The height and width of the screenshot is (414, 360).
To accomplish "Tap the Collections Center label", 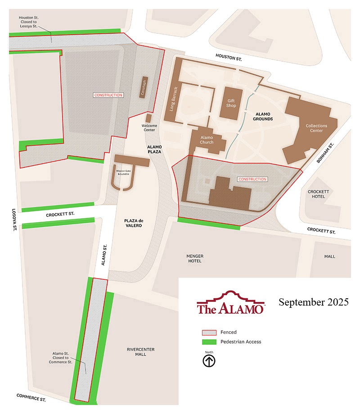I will coord(316,128).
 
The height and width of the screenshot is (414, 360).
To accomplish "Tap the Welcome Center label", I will coord(148,128).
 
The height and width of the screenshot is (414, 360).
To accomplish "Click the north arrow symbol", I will coord(209,361).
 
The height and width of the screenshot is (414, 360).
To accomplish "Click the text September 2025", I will coord(313,302).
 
